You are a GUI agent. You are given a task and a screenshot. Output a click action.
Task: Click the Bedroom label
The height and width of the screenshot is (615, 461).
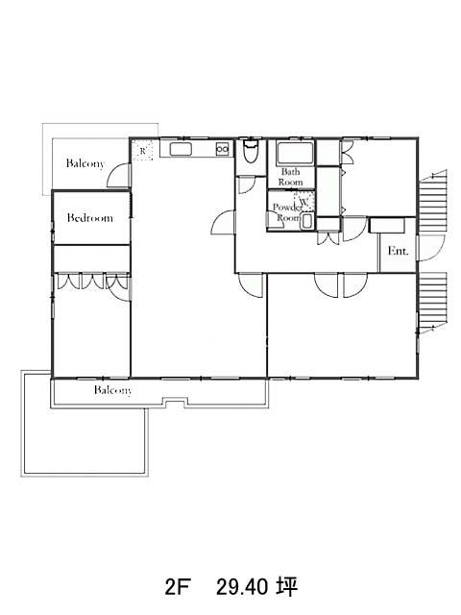tap(90, 218)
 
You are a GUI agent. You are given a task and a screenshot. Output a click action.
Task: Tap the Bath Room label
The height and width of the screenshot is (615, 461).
tap(290, 177)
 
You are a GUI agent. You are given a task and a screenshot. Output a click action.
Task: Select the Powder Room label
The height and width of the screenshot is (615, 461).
tap(288, 211)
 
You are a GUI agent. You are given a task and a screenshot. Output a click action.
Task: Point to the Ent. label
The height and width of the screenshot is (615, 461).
tap(398, 251)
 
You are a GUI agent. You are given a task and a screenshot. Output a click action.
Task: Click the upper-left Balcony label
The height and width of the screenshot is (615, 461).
tap(85, 163)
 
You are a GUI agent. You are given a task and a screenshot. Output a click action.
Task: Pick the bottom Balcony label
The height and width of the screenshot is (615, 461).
tap(113, 390)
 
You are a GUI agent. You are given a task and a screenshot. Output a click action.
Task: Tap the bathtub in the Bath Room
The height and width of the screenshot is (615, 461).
tap(295, 154)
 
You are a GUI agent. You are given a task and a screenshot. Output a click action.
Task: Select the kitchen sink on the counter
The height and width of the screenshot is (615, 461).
tap(181, 149)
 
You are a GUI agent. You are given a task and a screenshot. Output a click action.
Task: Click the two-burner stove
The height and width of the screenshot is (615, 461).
tap(223, 149)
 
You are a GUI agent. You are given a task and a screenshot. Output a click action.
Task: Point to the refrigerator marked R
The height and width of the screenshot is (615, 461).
tap(142, 150)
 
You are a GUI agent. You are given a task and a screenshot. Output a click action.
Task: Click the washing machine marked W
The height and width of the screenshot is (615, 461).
tap(304, 201)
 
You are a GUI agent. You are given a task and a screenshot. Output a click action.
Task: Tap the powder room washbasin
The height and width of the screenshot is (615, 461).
tap(307, 222)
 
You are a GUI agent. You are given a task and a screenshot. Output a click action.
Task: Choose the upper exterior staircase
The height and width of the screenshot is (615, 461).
tap(433, 201)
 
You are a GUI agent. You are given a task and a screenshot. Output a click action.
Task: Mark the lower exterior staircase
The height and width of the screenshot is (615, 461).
tap(433, 303)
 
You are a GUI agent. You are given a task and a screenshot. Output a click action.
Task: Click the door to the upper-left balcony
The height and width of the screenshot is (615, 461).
tap(119, 175)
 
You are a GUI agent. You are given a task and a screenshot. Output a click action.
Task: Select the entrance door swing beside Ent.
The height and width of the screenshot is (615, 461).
tap(430, 248)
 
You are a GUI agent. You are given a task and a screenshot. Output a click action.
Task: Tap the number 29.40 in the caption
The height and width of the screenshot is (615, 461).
tap(242, 587)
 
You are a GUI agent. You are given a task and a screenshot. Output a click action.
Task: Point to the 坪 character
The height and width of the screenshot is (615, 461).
tap(288, 587)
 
